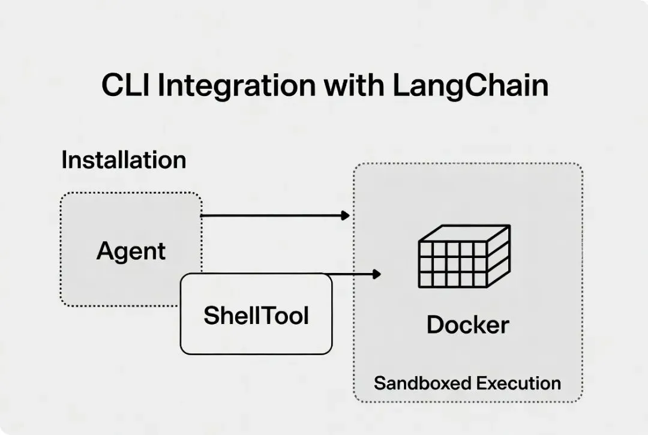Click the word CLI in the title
(125, 85)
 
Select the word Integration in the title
(237, 88)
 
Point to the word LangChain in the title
(470, 87)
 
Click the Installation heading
(124, 160)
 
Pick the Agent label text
(131, 251)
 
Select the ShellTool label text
(256, 316)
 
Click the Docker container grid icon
(464, 256)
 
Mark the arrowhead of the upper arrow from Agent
(345, 215)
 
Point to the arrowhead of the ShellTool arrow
(376, 274)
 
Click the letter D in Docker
(435, 325)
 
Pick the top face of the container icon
(464, 233)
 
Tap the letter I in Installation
(64, 160)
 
